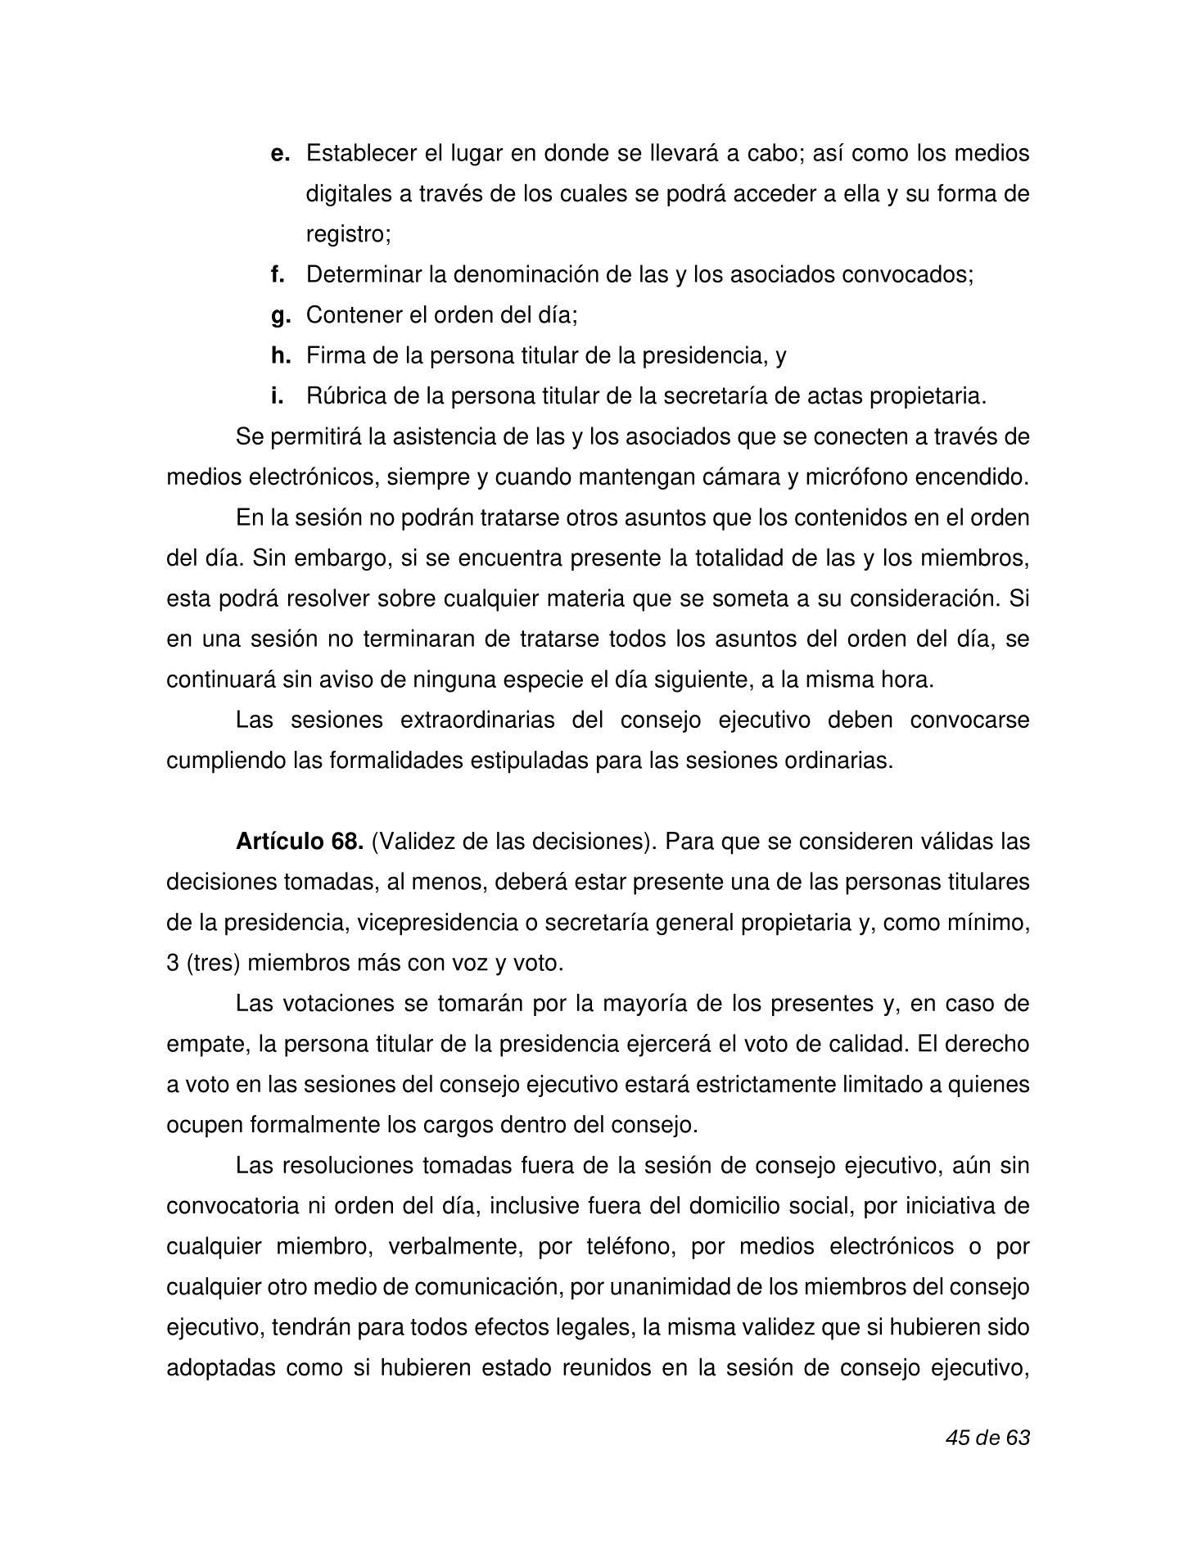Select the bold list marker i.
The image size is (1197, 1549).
pyautogui.click(x=278, y=396)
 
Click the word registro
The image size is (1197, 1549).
pyautogui.click(x=347, y=235)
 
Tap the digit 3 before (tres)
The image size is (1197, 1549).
pyautogui.click(x=173, y=964)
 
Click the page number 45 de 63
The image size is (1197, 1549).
pyautogui.click(x=987, y=1438)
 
